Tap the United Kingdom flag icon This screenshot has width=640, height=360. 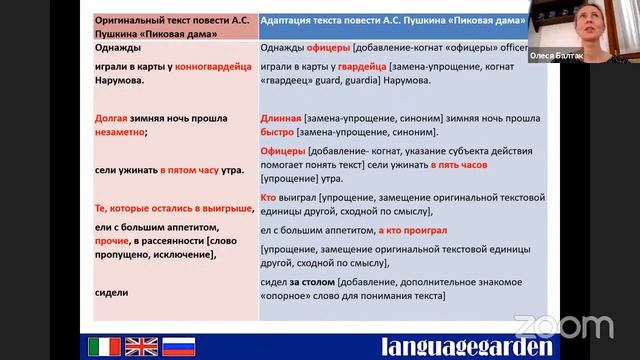tap(140, 346)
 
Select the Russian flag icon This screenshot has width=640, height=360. tap(178, 346)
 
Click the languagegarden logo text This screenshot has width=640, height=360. tap(467, 346)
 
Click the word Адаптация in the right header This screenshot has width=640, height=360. tap(295, 19)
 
